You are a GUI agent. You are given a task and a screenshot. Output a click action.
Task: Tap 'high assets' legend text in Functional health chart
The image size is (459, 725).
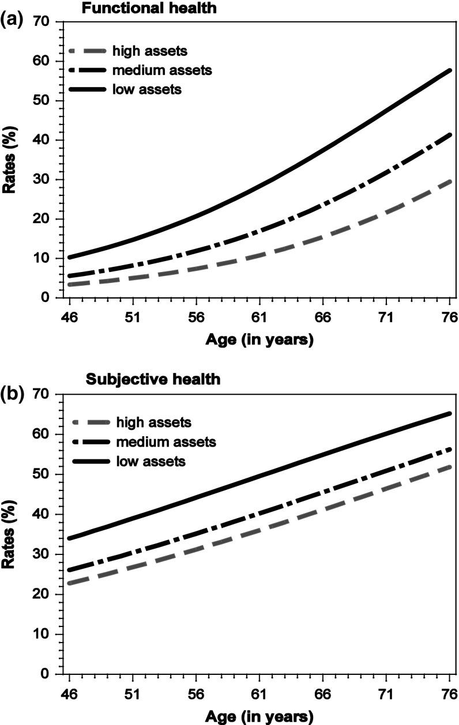150,51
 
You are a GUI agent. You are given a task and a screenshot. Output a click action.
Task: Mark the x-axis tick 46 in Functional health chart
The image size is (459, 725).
70,317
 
